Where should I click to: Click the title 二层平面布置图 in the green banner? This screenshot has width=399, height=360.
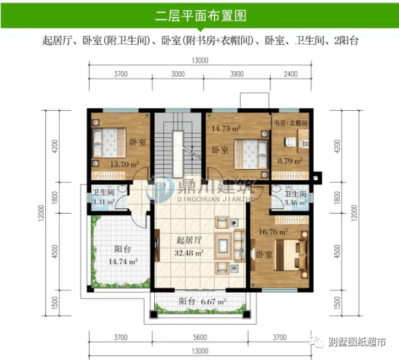click(201, 16)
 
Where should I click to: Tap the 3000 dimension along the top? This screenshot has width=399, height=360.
click(178, 74)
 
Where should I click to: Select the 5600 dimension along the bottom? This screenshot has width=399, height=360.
click(200, 338)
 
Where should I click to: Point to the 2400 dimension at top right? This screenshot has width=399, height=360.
click(291, 74)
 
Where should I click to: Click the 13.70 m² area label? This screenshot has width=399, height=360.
click(125, 164)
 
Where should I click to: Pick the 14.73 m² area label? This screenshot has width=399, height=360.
click(226, 128)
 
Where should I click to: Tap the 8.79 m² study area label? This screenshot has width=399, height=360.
click(290, 161)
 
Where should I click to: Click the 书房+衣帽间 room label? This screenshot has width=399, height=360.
click(291, 123)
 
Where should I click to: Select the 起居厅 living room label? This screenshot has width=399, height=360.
click(189, 240)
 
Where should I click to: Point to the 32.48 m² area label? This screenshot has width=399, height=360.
click(189, 253)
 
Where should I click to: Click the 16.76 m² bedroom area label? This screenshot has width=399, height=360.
click(273, 232)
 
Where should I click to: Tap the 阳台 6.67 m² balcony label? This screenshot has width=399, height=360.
click(203, 302)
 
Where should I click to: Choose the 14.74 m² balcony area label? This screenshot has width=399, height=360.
click(123, 261)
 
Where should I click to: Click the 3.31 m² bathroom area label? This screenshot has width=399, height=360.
click(103, 203)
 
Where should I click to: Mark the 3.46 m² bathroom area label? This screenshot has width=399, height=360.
click(296, 203)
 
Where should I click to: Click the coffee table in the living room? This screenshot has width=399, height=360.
click(223, 245)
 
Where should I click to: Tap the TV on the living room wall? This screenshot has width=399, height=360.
click(157, 245)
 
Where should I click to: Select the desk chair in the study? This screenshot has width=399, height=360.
click(290, 142)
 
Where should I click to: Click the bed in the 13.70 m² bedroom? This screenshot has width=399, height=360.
click(109, 143)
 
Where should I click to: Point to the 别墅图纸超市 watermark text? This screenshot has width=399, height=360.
click(357, 342)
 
